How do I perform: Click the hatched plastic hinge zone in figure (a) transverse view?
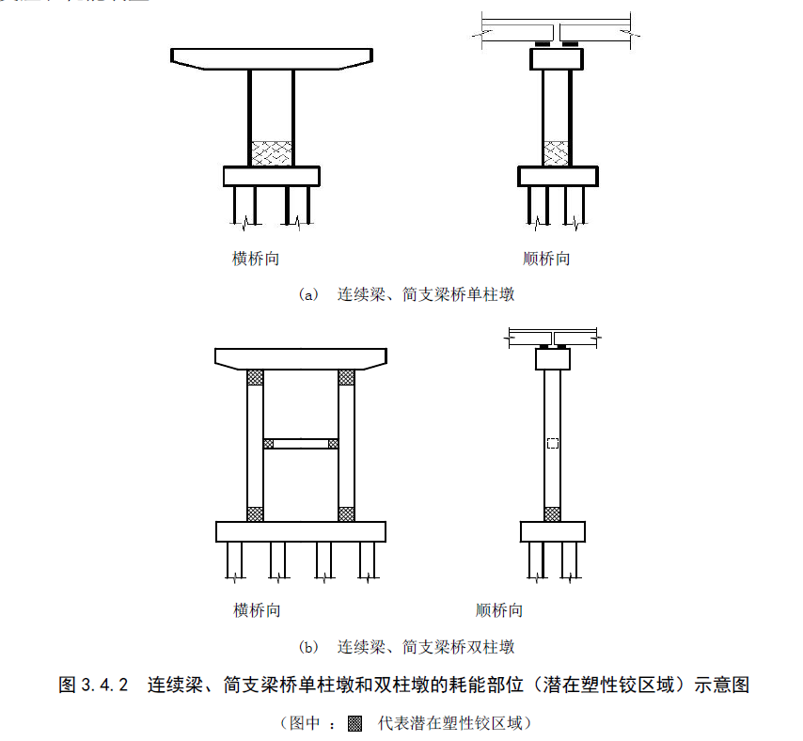271,153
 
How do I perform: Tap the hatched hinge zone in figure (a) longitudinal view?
557,153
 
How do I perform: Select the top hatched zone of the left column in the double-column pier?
255,377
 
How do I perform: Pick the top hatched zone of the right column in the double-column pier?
346,377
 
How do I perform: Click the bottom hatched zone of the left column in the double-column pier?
255,513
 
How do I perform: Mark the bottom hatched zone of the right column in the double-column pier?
346,513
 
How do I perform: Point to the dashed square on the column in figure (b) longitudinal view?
552,443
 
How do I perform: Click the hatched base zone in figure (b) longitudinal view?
552,513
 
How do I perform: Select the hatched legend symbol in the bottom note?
354,724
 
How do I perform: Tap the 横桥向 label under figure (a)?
256,259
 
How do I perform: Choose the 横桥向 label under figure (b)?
257,610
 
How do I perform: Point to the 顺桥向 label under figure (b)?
499,610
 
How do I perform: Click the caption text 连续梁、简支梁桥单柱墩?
425,294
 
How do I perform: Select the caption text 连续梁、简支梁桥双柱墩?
425,647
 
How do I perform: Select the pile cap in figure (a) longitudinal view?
558,176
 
